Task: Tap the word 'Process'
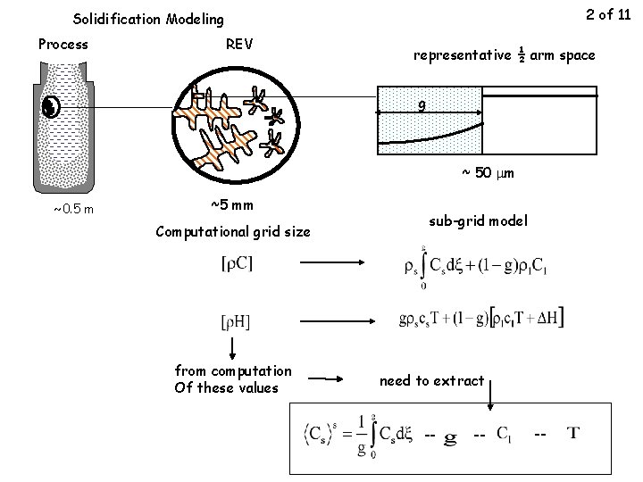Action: point(63,44)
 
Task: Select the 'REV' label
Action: point(239,44)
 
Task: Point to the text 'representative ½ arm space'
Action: point(504,54)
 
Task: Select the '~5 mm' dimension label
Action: point(231,206)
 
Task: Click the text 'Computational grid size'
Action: point(233,232)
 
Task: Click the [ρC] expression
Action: point(237,264)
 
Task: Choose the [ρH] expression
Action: point(235,320)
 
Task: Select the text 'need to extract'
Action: point(431,381)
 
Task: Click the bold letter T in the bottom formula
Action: point(574,435)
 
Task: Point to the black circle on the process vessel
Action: point(51,107)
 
